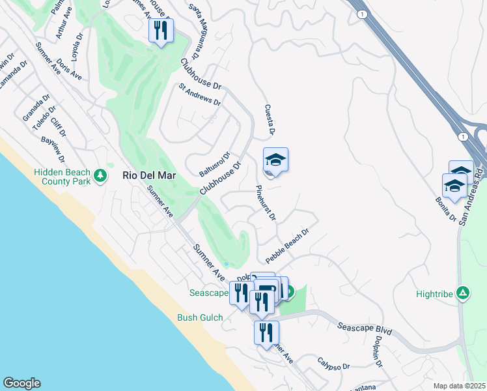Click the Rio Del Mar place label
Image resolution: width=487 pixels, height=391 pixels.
(149, 175)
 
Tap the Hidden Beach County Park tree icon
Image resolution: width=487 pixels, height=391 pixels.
(100, 175)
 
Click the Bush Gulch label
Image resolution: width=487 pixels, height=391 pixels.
(200, 318)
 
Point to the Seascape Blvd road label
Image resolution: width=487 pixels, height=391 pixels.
(365, 326)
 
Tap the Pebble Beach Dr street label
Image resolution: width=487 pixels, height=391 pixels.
(286, 246)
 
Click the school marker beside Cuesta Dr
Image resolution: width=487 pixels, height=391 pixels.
(275, 160)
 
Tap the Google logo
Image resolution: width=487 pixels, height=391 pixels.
(21, 383)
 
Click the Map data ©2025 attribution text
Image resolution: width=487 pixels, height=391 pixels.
(458, 386)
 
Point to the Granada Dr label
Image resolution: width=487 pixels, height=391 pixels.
(36, 108)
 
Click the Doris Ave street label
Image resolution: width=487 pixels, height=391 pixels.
(68, 69)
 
